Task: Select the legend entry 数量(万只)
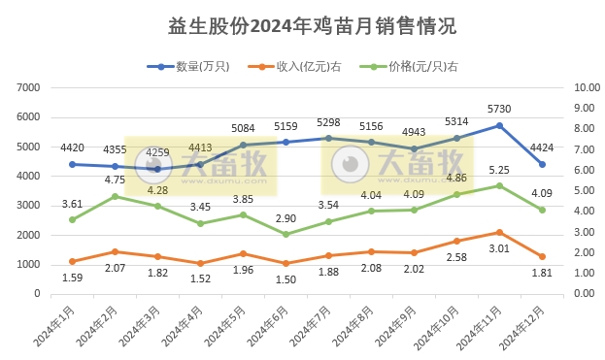pyautogui.click(x=195, y=66)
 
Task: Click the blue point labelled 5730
pyautogui.click(x=498, y=125)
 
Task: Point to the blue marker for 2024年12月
pyautogui.click(x=542, y=164)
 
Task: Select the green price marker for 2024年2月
pyautogui.click(x=115, y=196)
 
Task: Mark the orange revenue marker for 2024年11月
pyautogui.click(x=498, y=232)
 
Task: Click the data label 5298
pyautogui.click(x=327, y=122)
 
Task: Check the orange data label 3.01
pyautogui.click(x=498, y=248)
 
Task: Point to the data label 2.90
pyautogui.click(x=285, y=219)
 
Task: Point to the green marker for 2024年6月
pyautogui.click(x=285, y=234)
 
